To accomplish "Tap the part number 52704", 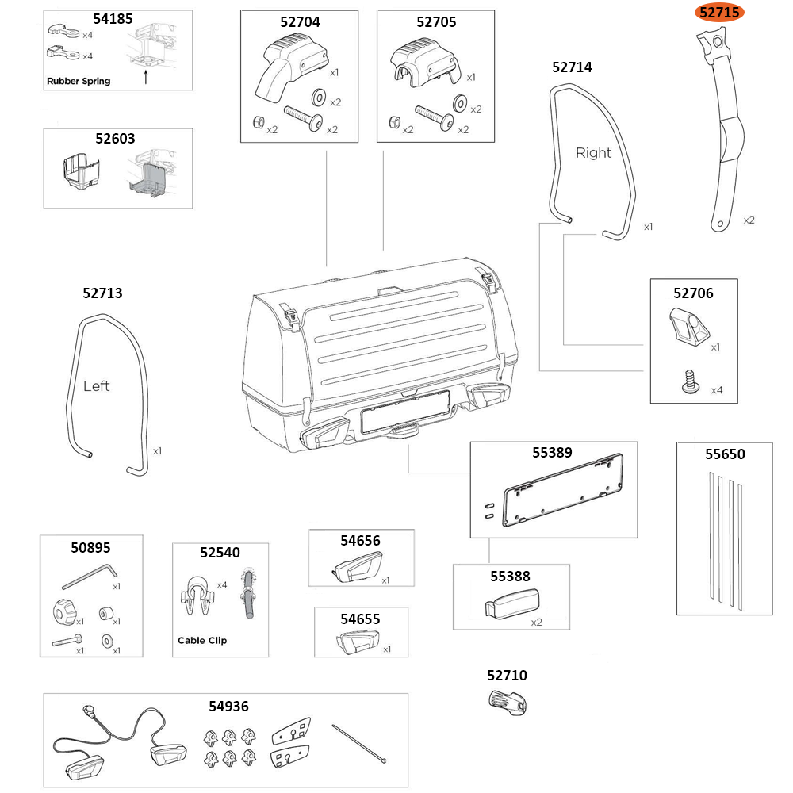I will pyautogui.click(x=300, y=22).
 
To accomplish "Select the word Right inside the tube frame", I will pyautogui.click(x=593, y=153).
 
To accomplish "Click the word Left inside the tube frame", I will pyautogui.click(x=96, y=386).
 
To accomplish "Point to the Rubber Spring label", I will pyautogui.click(x=79, y=81).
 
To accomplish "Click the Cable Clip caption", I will pyautogui.click(x=201, y=640).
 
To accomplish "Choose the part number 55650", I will pyautogui.click(x=725, y=454).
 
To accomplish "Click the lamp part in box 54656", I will pyautogui.click(x=354, y=569).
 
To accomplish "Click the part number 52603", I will pyautogui.click(x=116, y=138).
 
